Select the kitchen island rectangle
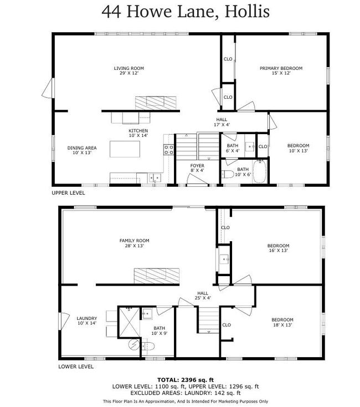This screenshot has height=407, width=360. [125, 149]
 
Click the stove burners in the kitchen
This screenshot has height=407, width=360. [168, 150]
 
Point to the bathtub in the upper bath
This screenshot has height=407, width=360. [259, 171]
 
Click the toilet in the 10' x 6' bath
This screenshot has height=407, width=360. [227, 174]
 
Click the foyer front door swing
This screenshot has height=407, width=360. [197, 179]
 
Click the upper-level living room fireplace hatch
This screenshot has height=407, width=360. [156, 103]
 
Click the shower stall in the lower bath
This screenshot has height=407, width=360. [130, 322]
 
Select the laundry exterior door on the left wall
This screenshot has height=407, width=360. [64, 322]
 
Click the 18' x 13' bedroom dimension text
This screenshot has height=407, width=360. [282, 325]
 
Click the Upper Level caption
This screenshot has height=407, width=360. [68, 193]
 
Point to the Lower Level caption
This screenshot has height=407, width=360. [76, 367]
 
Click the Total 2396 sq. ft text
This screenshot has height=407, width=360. [186, 380]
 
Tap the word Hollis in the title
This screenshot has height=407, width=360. [247, 12]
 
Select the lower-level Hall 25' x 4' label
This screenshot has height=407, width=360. [203, 296]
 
